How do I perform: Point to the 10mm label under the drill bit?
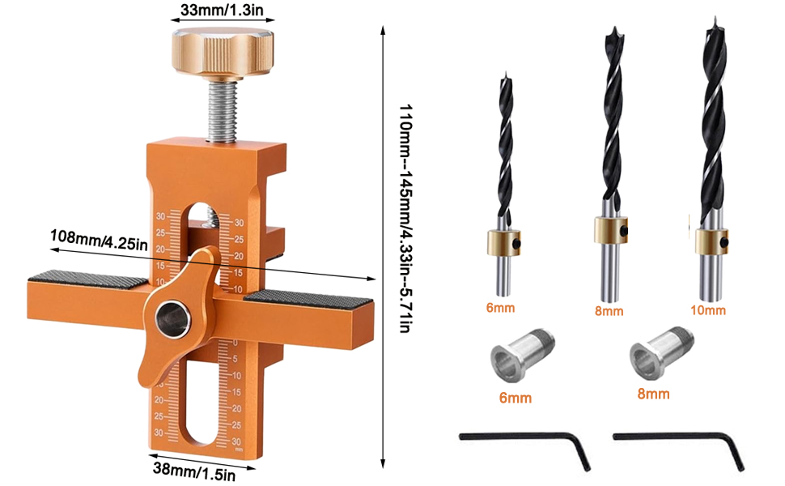(x=709, y=310)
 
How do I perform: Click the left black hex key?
(x=526, y=441)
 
